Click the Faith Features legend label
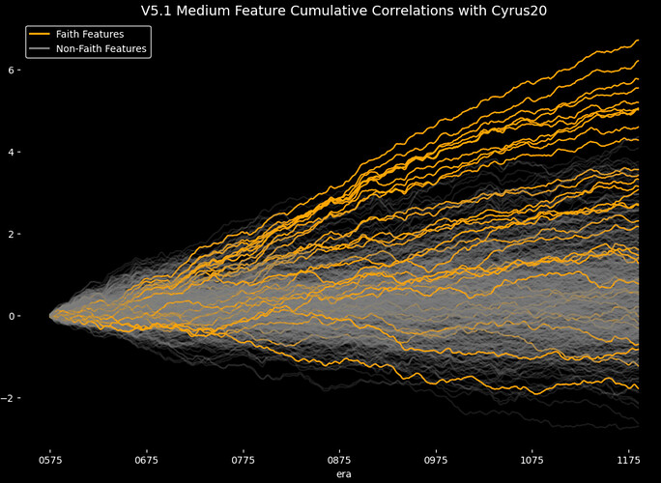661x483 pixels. [x=90, y=34]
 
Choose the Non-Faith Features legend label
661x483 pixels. [x=101, y=48]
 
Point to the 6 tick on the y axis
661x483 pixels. [x=37, y=71]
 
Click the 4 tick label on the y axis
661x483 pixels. [x=37, y=153]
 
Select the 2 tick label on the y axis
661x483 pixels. [x=37, y=235]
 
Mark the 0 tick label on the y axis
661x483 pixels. [x=37, y=316]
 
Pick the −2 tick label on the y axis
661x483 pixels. [x=34, y=398]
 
